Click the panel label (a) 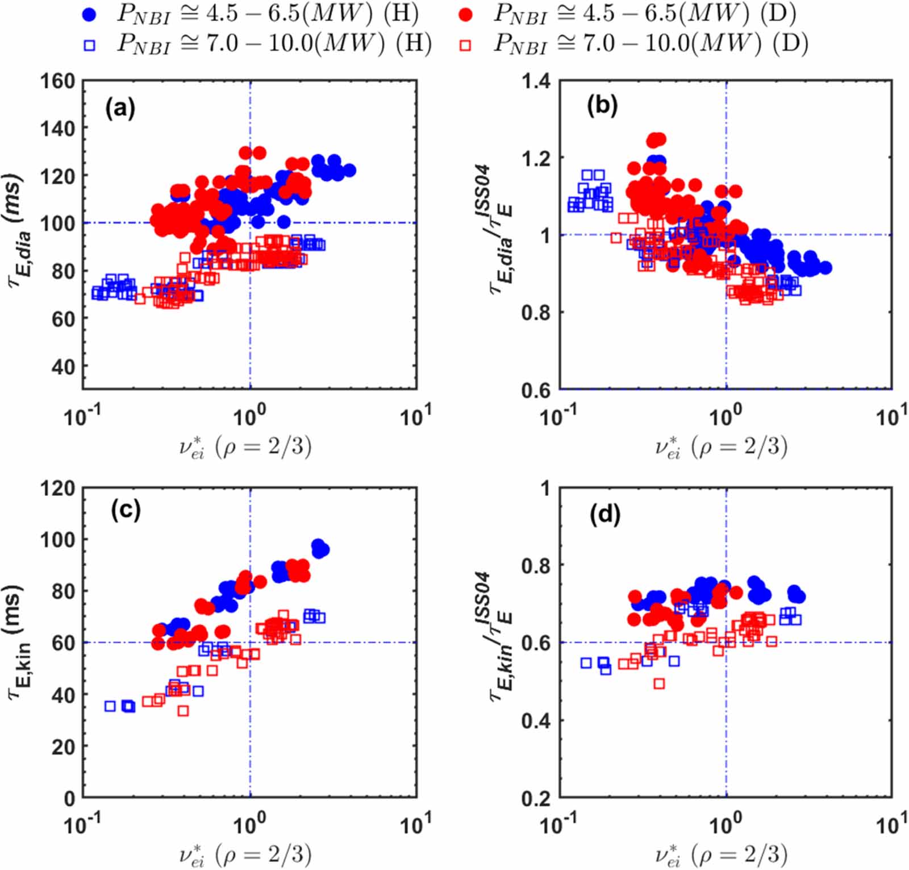click(x=120, y=107)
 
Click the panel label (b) click(x=602, y=106)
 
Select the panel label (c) click(x=125, y=510)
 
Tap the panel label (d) click(x=605, y=514)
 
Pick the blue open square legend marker click(x=89, y=45)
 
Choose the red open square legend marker click(x=465, y=45)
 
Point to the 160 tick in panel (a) click(x=57, y=81)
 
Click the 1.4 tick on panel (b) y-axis click(x=536, y=81)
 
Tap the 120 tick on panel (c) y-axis click(x=57, y=488)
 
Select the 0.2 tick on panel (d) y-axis click(x=536, y=798)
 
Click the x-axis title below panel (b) click(x=720, y=447)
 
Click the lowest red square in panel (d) click(x=658, y=683)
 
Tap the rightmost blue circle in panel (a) click(x=349, y=170)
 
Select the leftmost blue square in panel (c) click(x=110, y=706)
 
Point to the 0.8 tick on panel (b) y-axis click(x=536, y=312)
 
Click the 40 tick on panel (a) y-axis click(x=62, y=367)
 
